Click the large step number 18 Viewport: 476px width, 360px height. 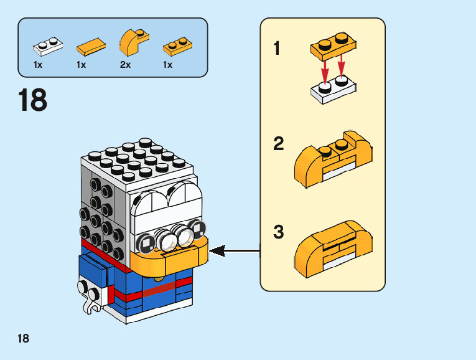pos(33,100)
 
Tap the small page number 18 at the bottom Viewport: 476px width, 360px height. pos(23,339)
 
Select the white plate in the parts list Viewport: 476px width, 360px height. pos(48,45)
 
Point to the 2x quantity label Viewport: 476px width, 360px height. pos(125,65)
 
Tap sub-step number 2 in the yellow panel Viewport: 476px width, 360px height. pos(279,144)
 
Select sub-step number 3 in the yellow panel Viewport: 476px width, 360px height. pos(279,233)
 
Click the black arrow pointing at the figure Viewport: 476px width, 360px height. pos(235,251)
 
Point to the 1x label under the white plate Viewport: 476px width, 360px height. pos(38,65)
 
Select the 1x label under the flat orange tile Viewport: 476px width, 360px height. pos(82,65)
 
